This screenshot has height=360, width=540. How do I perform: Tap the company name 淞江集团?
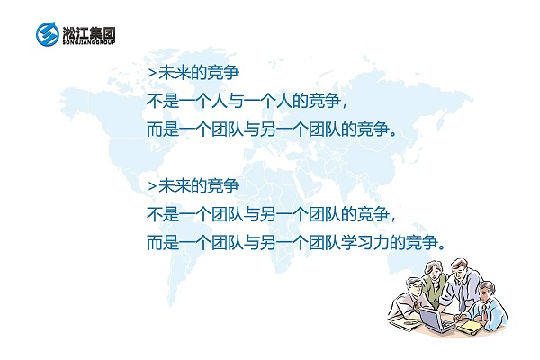[89, 31]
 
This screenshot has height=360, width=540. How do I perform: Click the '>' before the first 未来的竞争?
[150, 69]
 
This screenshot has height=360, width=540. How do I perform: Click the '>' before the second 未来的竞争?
[150, 186]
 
